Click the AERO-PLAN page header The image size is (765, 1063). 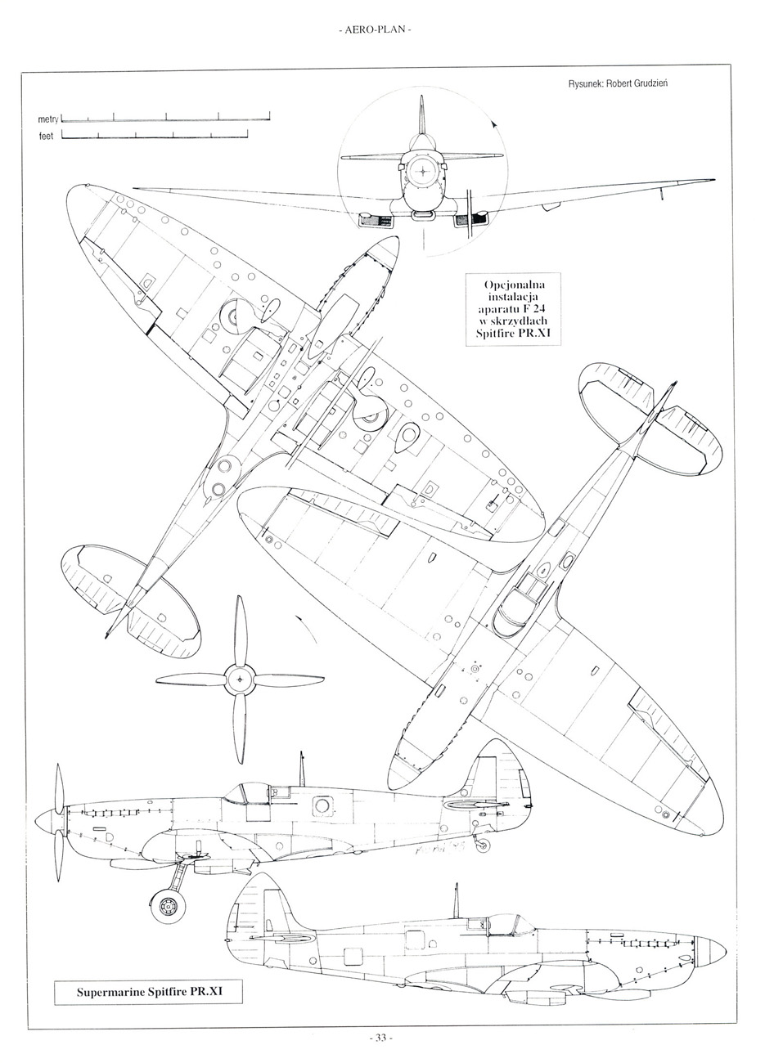(374, 32)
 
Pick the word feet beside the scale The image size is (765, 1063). (46, 137)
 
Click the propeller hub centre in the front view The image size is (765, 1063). (421, 171)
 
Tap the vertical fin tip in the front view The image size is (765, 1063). (421, 101)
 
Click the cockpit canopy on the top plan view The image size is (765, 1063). (521, 603)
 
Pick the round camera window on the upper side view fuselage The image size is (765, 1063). (322, 805)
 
